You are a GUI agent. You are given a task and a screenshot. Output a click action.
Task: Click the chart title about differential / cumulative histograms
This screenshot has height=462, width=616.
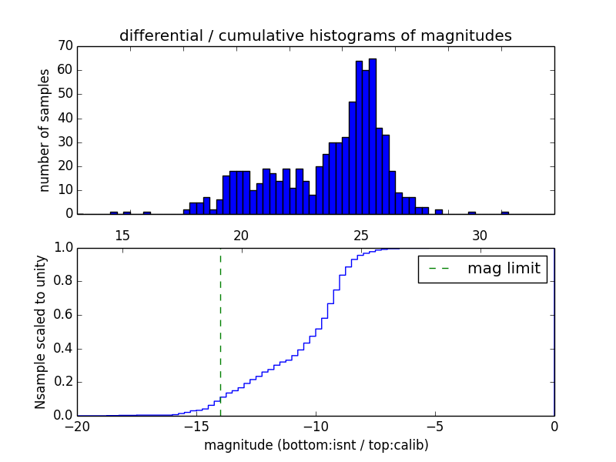(315, 35)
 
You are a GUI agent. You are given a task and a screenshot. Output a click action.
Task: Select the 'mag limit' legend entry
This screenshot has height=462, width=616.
(482, 269)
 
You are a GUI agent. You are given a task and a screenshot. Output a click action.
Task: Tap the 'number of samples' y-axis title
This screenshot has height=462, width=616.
(45, 129)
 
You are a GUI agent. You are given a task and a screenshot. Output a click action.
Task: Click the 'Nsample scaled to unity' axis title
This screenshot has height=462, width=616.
(40, 331)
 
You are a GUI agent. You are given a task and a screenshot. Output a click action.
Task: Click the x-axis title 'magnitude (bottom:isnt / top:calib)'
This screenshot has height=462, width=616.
(316, 445)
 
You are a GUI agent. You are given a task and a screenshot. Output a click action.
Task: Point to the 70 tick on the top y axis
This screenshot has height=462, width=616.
(65, 46)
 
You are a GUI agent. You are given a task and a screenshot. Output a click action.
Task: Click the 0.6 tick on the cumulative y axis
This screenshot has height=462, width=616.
(62, 315)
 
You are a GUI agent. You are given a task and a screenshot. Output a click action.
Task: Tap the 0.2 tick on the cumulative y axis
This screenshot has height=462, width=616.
(62, 382)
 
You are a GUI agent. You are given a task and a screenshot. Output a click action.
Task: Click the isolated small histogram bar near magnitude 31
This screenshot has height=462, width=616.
(505, 213)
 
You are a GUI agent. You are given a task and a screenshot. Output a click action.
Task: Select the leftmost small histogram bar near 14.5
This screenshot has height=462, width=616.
(114, 213)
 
